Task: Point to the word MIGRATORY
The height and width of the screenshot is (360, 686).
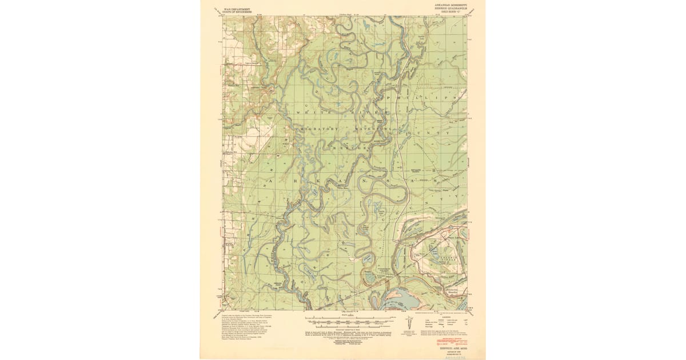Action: tap(317, 129)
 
